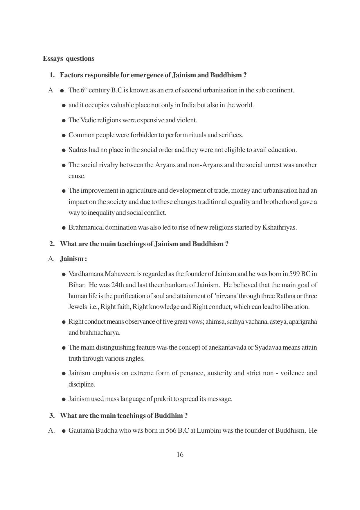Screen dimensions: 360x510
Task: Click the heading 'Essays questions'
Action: (69, 59)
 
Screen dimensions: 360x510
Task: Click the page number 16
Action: (180, 454)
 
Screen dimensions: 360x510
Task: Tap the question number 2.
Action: (52, 244)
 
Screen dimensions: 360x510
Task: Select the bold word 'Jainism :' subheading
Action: (73, 259)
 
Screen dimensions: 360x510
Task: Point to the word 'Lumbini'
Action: (208, 430)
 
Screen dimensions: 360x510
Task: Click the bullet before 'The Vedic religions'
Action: (64, 121)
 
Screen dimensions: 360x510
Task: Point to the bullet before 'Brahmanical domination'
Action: (64, 228)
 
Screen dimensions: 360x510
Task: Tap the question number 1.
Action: (52, 75)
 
